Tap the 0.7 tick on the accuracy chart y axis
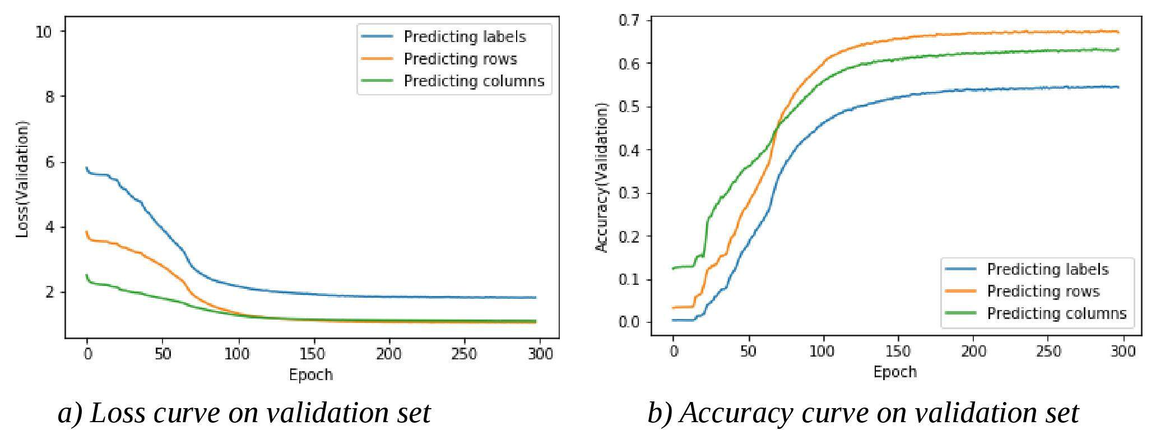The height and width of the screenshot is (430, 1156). pos(629,21)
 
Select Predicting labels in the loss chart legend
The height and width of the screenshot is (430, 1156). pos(465,36)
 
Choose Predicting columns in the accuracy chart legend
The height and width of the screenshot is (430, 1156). pos(1056,313)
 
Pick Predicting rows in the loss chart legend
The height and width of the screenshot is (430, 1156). pos(460,59)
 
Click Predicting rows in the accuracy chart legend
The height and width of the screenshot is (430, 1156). pos(1043,292)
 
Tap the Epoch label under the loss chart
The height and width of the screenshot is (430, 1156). pos(311,374)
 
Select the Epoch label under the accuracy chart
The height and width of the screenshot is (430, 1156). pos(895,372)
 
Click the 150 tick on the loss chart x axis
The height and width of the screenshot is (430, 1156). pos(312,354)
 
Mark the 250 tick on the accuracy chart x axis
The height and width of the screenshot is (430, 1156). pos(1048,352)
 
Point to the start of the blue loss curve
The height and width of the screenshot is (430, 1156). pos(86,168)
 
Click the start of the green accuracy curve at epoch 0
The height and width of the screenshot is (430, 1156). pos(673,269)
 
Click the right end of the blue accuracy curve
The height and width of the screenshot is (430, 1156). pos(1118,87)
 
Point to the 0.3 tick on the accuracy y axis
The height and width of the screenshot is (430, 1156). pos(629,193)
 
